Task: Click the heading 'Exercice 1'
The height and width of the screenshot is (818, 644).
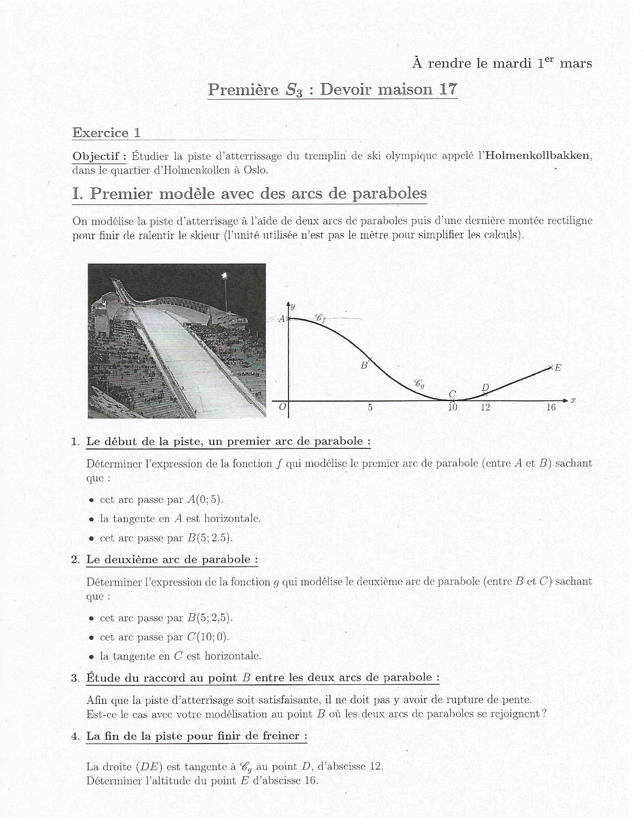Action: pos(107,133)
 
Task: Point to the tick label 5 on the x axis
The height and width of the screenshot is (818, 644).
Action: pos(370,408)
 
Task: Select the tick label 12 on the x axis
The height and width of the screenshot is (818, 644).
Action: pos(485,408)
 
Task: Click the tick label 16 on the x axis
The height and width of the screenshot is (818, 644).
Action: pos(551,408)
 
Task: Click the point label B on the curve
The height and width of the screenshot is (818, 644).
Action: pos(364,366)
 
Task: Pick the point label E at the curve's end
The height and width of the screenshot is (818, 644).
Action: pos(558,368)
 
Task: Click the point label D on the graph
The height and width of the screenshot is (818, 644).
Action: pos(485,388)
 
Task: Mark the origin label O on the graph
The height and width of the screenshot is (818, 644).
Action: pos(282,407)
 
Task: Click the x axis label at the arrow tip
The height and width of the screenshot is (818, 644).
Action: pos(573,401)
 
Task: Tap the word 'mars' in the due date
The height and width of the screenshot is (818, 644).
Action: pos(576,64)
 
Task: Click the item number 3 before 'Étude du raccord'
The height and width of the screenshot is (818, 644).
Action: pos(75,678)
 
